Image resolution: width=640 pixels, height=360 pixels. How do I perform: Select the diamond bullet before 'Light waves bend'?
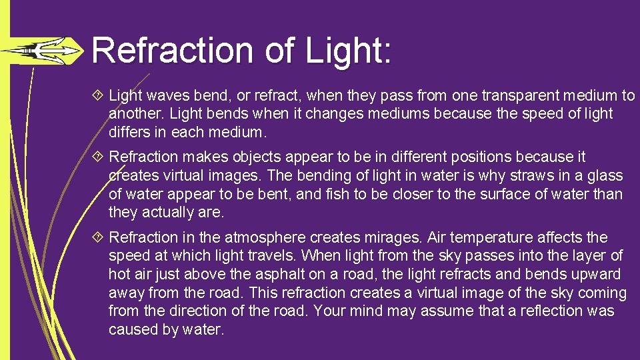click(x=99, y=96)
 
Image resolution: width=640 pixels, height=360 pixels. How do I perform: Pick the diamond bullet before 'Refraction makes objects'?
click(x=99, y=157)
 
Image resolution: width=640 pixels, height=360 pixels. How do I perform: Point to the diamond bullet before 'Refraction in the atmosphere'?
click(x=99, y=237)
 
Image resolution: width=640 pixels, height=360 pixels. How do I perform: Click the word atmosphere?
click(x=265, y=237)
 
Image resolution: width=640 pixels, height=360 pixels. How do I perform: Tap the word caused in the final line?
click(x=133, y=330)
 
